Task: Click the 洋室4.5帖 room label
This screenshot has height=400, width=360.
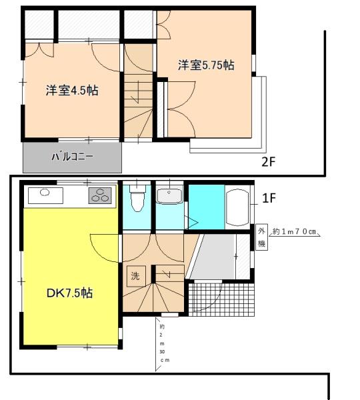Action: (72, 90)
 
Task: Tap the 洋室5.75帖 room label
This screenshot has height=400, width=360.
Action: (206, 65)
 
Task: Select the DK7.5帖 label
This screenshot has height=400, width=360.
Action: (69, 293)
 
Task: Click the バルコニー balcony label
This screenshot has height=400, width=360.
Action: (72, 157)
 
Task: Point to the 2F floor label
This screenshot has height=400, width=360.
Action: (269, 162)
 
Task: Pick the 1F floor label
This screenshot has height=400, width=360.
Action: (269, 198)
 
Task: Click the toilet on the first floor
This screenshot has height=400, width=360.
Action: (137, 199)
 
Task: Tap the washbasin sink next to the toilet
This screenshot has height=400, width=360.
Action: (169, 196)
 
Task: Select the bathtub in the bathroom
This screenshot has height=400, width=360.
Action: (237, 207)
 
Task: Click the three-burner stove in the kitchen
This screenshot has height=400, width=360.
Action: (100, 195)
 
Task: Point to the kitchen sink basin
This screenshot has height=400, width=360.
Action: (45, 192)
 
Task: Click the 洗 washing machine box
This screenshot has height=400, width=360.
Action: (136, 276)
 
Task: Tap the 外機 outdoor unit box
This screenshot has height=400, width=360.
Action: (261, 237)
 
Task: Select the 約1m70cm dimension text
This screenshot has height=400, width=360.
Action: (294, 231)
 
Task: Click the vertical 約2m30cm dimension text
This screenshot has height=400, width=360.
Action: (163, 343)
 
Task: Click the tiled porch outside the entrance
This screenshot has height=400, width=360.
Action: (221, 299)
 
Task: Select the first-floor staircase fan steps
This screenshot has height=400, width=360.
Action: (153, 297)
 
